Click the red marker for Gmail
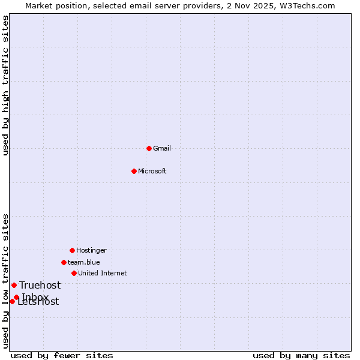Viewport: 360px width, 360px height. coord(149,148)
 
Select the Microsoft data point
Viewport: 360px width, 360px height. coord(134,171)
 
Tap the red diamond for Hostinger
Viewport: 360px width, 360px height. coord(72,250)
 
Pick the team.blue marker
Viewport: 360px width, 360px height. coord(64,262)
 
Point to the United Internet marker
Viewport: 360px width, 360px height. coord(74,273)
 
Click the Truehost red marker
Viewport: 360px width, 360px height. coord(14,285)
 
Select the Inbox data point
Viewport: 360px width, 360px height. coord(16,297)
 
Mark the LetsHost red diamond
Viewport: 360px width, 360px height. coord(12,301)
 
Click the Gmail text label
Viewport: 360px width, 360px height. coord(162,148)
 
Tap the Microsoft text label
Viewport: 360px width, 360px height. coord(152,171)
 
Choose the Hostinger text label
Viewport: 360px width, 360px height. coord(91,250)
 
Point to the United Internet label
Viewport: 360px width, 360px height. coord(103,273)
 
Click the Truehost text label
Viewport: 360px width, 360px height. coord(40,286)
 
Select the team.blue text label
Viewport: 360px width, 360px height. coord(84,262)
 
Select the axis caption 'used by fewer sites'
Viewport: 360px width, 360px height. coord(62,355)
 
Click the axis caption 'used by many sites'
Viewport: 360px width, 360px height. coord(301,355)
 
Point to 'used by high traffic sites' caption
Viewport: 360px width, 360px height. coord(5,85)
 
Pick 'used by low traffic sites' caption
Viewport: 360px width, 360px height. coord(5,280)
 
